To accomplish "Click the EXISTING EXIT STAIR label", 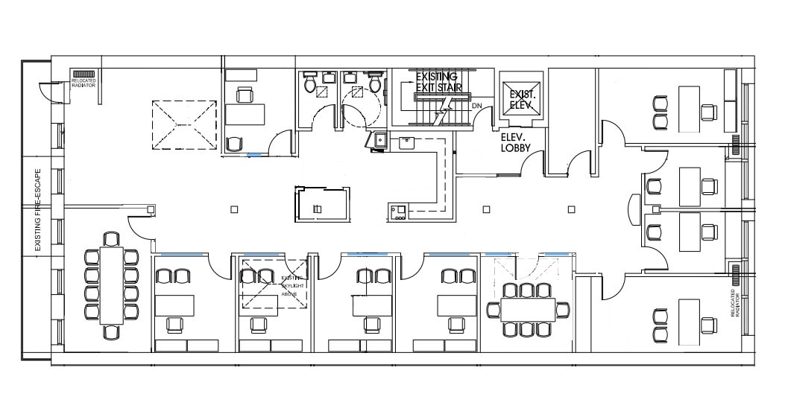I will coord(438,82).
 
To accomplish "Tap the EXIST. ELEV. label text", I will coord(520,99).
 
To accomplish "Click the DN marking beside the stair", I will coord(476,106).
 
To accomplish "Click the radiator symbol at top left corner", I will coord(83,74).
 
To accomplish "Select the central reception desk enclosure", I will coord(322,204).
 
